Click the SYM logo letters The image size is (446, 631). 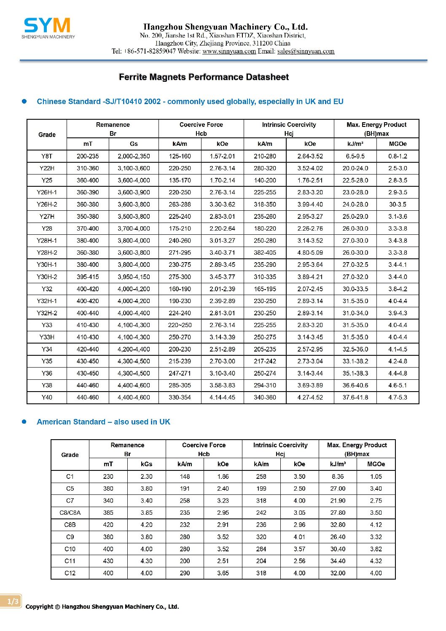coord(47,26)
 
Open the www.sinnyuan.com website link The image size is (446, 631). coord(229,51)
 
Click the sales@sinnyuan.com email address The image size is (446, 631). coord(306,51)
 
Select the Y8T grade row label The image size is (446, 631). coord(47,156)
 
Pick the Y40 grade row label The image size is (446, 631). coord(47,397)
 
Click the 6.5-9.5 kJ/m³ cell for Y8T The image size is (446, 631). coord(355,156)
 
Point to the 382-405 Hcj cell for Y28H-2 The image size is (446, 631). coord(265,252)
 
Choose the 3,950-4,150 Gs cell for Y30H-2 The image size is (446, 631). coord(134,277)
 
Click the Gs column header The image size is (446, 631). coord(134,144)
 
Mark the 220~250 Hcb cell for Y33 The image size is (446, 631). coord(180,325)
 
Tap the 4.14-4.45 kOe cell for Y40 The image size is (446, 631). coord(222,397)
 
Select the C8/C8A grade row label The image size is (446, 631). coord(70,513)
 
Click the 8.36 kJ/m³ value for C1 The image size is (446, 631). coord(338,477)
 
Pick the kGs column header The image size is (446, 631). coord(146,464)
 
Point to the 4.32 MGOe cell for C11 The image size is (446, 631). coord(376,561)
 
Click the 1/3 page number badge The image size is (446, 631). coord(12,601)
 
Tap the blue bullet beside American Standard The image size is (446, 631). coord(24,422)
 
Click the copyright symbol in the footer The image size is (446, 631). coord(57,607)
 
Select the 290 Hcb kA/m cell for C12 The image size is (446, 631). coord(185,573)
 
